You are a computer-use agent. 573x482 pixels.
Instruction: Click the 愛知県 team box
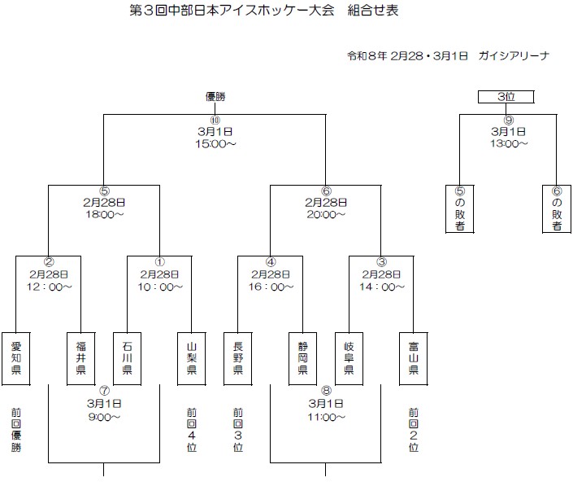coord(16,357)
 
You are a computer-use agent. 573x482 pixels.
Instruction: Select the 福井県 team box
coord(80,357)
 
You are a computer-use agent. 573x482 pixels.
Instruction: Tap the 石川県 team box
coord(127,357)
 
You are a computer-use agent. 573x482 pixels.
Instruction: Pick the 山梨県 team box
coord(191,357)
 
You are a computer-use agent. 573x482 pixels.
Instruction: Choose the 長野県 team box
coord(238,357)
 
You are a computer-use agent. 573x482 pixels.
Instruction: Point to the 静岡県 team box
coord(302,357)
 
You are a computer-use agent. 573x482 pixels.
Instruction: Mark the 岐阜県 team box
coord(349,357)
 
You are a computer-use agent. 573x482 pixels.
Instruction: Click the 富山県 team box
coord(414,357)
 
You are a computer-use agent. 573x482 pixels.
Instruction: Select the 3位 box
coord(506,97)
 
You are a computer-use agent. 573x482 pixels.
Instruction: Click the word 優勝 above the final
coord(215,97)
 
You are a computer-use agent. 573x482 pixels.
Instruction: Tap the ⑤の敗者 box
coord(460,209)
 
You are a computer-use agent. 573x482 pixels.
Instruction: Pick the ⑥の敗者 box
coord(557,209)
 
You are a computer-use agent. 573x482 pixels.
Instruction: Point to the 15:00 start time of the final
coord(215,144)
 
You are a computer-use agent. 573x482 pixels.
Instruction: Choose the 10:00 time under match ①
coord(159,287)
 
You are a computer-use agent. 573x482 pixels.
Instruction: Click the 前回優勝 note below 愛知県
coord(16,429)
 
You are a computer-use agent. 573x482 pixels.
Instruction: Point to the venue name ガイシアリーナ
coord(515,55)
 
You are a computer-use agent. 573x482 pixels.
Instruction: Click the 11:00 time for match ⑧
coord(326,418)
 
